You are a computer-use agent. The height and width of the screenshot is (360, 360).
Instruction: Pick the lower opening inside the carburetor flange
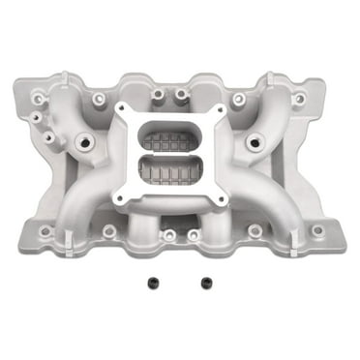tap(180, 173)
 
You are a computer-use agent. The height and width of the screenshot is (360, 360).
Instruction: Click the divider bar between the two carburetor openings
tap(180, 155)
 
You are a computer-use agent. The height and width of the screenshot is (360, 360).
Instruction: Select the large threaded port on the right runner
tap(255, 141)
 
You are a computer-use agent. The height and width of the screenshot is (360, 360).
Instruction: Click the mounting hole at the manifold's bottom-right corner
tap(317, 231)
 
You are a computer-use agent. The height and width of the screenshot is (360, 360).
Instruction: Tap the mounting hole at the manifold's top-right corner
tap(299, 98)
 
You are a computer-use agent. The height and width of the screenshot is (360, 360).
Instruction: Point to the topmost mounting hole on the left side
tap(62, 98)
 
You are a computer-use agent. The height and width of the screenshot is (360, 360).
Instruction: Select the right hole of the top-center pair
tap(181, 95)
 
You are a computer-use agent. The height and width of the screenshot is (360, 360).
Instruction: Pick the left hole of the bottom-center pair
tap(169, 234)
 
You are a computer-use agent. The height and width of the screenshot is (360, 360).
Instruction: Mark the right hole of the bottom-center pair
tap(193, 234)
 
